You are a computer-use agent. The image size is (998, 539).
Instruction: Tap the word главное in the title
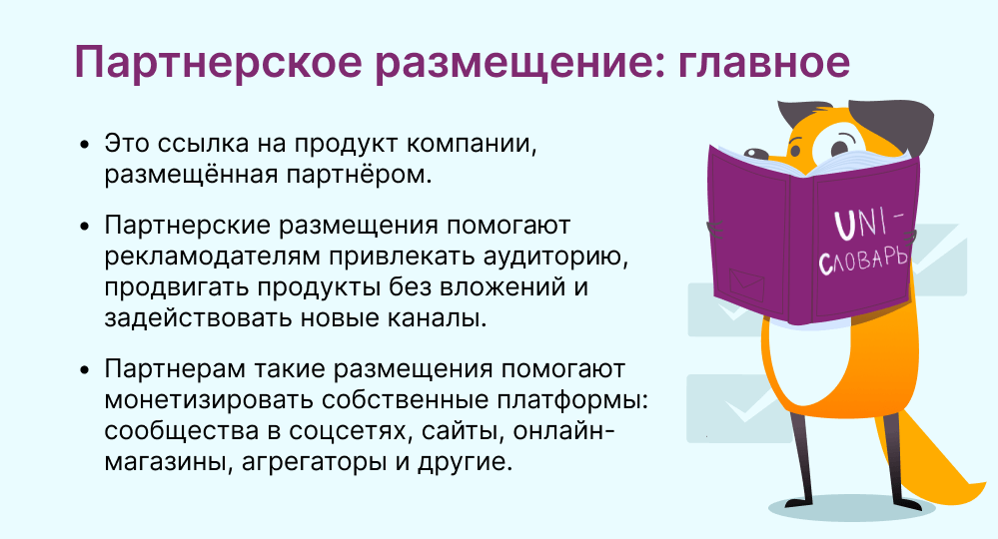(764, 63)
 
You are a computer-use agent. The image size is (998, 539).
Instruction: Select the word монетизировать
(208, 400)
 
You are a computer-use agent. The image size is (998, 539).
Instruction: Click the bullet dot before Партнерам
(85, 370)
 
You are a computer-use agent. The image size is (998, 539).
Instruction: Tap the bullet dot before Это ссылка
(85, 145)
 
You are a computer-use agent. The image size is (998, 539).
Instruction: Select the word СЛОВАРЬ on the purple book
(862, 262)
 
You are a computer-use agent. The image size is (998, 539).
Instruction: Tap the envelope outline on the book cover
(746, 284)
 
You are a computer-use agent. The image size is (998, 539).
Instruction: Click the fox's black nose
(756, 153)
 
